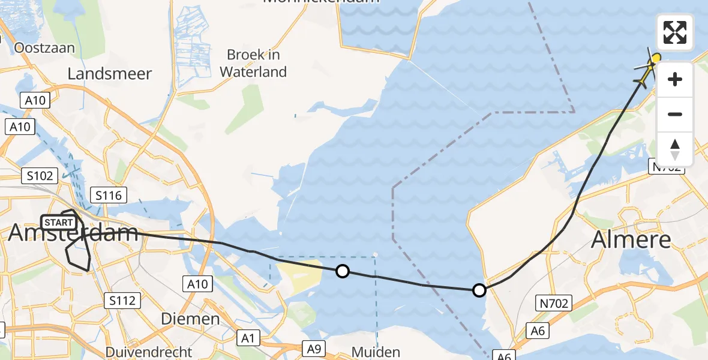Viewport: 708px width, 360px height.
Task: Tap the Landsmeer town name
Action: click(110, 74)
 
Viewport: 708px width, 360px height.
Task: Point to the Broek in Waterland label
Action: click(253, 64)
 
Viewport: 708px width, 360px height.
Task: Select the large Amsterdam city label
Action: click(73, 233)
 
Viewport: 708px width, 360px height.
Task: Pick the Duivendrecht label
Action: click(149, 352)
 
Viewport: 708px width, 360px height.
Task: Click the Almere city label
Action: click(631, 240)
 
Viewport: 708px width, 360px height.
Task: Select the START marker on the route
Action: click(59, 223)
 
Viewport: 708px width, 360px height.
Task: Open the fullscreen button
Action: click(675, 32)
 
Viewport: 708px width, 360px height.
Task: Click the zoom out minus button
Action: click(675, 114)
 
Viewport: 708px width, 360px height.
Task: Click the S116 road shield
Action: click(109, 195)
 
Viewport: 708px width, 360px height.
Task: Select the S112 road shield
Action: click(122, 301)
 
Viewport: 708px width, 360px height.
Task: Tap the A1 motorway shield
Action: click(247, 339)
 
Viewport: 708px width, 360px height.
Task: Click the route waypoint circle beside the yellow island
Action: click(342, 271)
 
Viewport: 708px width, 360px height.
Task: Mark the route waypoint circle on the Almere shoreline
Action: click(479, 290)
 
